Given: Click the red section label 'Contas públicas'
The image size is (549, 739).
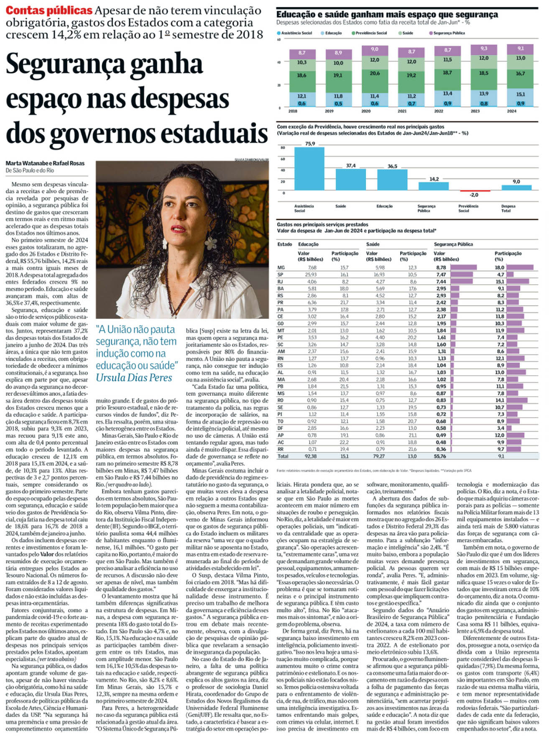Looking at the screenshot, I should coord(49,10).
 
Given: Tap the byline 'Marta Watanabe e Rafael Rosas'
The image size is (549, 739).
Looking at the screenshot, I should coord(45,163).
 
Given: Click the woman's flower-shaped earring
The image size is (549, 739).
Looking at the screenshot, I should coord(211,242).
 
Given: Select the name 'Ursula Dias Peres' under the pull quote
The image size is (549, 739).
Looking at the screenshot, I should coord(134,377).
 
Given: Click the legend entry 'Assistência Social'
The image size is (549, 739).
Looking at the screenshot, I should coord(295,33).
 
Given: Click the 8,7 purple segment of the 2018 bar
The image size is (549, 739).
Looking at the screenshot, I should coord(302,53).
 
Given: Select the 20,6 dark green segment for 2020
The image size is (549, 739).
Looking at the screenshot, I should coord(374,73).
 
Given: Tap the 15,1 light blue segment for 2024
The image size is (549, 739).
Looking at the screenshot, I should coord(520,95).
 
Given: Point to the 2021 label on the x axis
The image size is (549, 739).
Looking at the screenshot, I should coord(402,111).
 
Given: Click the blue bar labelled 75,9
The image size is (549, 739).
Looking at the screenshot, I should coord(309,168).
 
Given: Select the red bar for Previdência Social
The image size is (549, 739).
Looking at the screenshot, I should coord(474,191).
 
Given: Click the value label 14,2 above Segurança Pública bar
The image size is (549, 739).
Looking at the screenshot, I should coord(434,179).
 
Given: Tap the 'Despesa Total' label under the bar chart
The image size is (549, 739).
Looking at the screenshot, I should coord(508,208).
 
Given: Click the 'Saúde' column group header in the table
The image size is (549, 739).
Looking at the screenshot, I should coord(373,244).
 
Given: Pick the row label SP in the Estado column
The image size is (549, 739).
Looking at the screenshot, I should coord(280,275).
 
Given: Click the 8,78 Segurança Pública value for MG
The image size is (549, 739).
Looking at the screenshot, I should coord(441,267).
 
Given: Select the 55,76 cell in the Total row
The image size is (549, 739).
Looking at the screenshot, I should coord(440,456).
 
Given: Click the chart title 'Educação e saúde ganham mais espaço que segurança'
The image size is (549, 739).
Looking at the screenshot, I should coord(387,15).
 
